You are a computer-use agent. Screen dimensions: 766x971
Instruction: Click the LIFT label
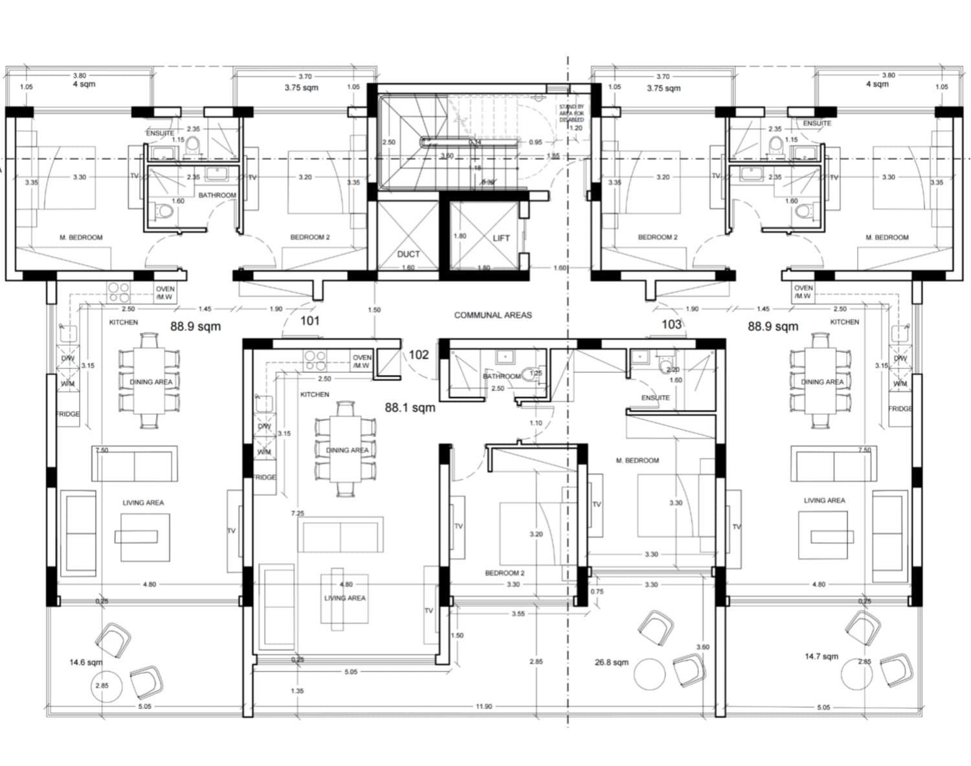(x=501, y=238)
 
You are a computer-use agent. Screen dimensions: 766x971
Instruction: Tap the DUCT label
(x=408, y=254)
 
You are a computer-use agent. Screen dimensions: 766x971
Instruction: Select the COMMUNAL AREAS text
(x=493, y=315)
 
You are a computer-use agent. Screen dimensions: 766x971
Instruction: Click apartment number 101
(x=309, y=321)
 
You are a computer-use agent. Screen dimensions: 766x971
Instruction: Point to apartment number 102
(x=419, y=355)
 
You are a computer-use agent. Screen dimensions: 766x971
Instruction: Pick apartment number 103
(x=671, y=324)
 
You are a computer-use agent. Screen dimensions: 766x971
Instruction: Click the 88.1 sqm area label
(x=410, y=408)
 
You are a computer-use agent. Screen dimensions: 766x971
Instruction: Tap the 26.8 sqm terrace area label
(x=611, y=662)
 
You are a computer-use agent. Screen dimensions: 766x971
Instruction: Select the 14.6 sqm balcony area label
(x=85, y=662)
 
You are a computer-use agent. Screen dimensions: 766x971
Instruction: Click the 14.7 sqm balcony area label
(x=821, y=657)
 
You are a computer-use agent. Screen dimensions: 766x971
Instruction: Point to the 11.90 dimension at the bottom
(x=484, y=706)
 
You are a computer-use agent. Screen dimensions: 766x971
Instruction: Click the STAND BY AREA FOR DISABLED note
(x=571, y=113)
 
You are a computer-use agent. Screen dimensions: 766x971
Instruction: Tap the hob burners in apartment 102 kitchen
(x=315, y=361)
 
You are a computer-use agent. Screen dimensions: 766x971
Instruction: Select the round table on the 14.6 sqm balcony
(x=102, y=686)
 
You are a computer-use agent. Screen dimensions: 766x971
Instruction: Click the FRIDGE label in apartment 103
(x=900, y=409)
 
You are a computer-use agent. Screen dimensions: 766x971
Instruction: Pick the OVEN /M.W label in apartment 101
(x=164, y=293)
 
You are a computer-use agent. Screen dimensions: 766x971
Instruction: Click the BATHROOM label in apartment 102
(x=501, y=376)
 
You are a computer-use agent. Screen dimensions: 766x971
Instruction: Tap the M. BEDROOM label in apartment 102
(x=637, y=460)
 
